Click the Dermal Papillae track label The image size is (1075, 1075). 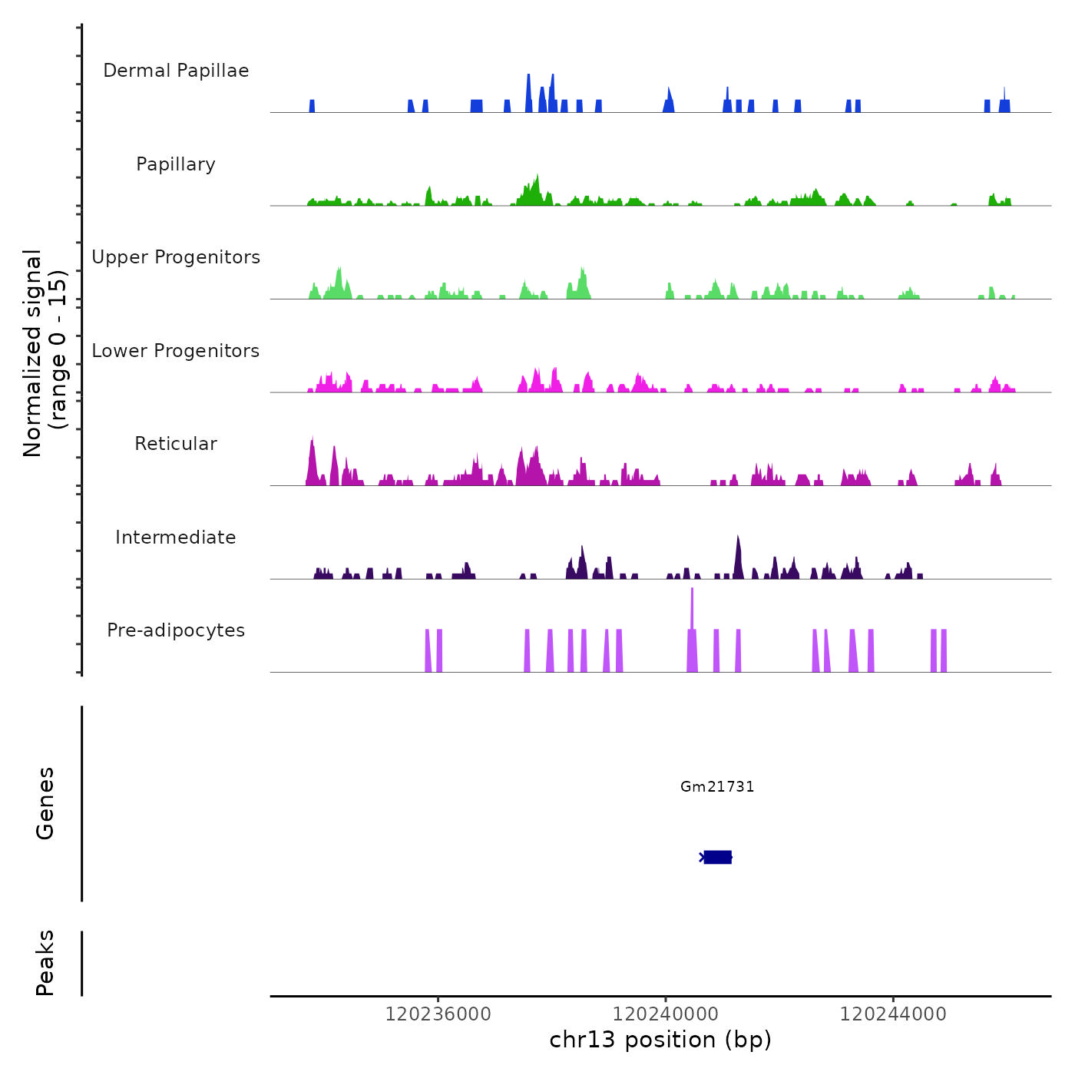point(176,71)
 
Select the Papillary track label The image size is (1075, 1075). point(176,164)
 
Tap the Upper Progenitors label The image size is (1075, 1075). point(176,257)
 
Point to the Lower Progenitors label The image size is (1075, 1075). point(176,351)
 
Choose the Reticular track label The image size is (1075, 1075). point(176,444)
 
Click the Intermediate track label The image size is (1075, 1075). point(176,537)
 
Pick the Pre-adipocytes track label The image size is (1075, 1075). point(176,630)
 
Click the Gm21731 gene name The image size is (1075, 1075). point(717,786)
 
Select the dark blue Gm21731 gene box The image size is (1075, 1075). point(717,857)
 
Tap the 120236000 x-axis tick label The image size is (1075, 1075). point(438,1014)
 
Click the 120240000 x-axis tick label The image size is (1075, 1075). point(666,1014)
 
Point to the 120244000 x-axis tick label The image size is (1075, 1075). point(893,1014)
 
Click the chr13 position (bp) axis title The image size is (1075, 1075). point(660,1040)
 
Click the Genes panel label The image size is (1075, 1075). point(45,803)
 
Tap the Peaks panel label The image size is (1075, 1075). point(45,963)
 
